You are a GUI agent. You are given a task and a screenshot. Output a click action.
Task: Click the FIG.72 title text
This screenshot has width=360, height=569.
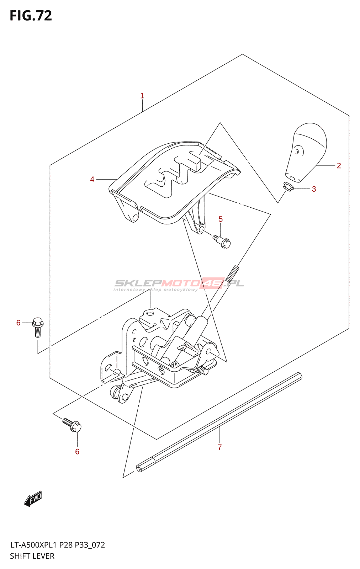click(31, 16)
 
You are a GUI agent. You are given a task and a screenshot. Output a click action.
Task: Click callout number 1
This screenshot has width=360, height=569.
click(142, 96)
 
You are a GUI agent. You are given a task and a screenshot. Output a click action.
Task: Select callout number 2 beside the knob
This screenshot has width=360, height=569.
click(339, 166)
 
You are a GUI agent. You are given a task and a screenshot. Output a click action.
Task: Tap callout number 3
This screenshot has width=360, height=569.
click(314, 189)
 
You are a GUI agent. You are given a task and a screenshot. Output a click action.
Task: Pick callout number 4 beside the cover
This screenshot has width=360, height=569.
click(92, 180)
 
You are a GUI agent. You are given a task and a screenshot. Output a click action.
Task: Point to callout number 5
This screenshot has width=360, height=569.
click(221, 219)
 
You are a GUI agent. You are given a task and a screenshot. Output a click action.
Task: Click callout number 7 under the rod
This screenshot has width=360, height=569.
click(219, 447)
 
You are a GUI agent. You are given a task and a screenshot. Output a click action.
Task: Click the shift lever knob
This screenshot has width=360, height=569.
click(307, 151)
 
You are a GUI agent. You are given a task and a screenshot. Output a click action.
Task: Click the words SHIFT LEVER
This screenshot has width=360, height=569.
click(32, 556)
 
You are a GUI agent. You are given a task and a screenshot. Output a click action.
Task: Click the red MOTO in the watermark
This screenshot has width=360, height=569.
click(181, 283)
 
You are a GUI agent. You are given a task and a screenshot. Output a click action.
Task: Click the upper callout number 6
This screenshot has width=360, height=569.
click(18, 323)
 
